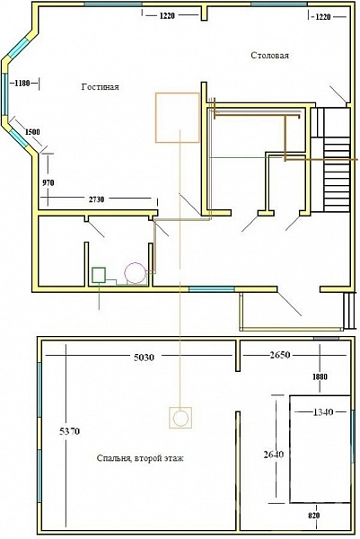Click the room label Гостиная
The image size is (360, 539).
click(100, 87)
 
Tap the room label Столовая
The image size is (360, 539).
click(269, 56)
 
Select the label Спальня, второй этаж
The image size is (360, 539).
click(140, 458)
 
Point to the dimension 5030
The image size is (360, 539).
click(144, 358)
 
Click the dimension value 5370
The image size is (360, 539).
click(70, 430)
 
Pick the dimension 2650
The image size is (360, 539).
click(280, 355)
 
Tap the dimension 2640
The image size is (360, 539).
click(274, 455)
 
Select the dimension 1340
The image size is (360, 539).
click(323, 411)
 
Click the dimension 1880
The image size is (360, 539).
click(320, 376)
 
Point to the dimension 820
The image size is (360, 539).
click(314, 516)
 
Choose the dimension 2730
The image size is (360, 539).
click(97, 199)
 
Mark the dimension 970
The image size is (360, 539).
click(48, 183)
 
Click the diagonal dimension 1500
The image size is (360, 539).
click(32, 132)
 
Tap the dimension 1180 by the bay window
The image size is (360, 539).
click(22, 83)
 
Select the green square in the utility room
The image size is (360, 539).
click(99, 275)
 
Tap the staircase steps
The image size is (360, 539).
click(337, 174)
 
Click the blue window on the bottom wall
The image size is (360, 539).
click(212, 289)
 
